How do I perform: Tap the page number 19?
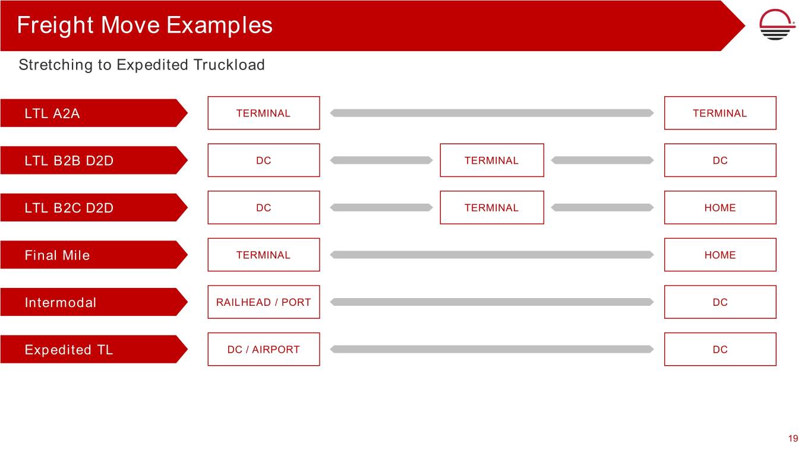(793, 438)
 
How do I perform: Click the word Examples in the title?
(219, 26)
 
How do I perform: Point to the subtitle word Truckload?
(229, 65)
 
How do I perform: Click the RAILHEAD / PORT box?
(264, 302)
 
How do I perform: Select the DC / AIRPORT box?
(264, 349)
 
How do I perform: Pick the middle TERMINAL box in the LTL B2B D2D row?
(492, 160)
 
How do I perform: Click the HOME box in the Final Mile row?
(720, 255)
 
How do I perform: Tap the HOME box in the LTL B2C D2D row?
(720, 207)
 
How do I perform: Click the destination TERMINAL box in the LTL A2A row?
(720, 113)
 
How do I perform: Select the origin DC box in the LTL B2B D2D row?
(264, 160)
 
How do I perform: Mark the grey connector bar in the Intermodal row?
(492, 302)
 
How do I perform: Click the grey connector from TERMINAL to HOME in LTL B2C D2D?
(602, 207)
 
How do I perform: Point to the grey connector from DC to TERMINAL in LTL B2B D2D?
(381, 160)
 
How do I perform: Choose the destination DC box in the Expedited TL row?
(720, 349)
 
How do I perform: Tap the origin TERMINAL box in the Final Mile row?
(264, 255)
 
